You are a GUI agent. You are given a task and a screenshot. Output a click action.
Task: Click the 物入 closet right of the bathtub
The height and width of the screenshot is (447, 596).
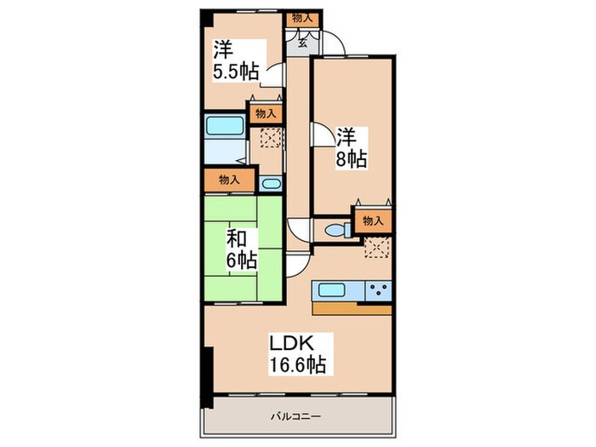point(265,113)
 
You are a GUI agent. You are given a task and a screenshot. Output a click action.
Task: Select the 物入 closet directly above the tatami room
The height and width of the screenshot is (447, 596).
point(227,180)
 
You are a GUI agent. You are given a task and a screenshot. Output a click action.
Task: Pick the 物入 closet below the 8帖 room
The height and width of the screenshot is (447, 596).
point(372,221)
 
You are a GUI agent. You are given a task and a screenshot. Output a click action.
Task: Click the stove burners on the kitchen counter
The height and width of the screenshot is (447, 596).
point(377,290)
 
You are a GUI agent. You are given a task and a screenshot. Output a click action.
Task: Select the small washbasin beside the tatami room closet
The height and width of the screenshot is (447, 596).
point(270,184)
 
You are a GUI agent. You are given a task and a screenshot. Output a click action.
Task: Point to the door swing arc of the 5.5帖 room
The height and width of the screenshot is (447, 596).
point(273,74)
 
